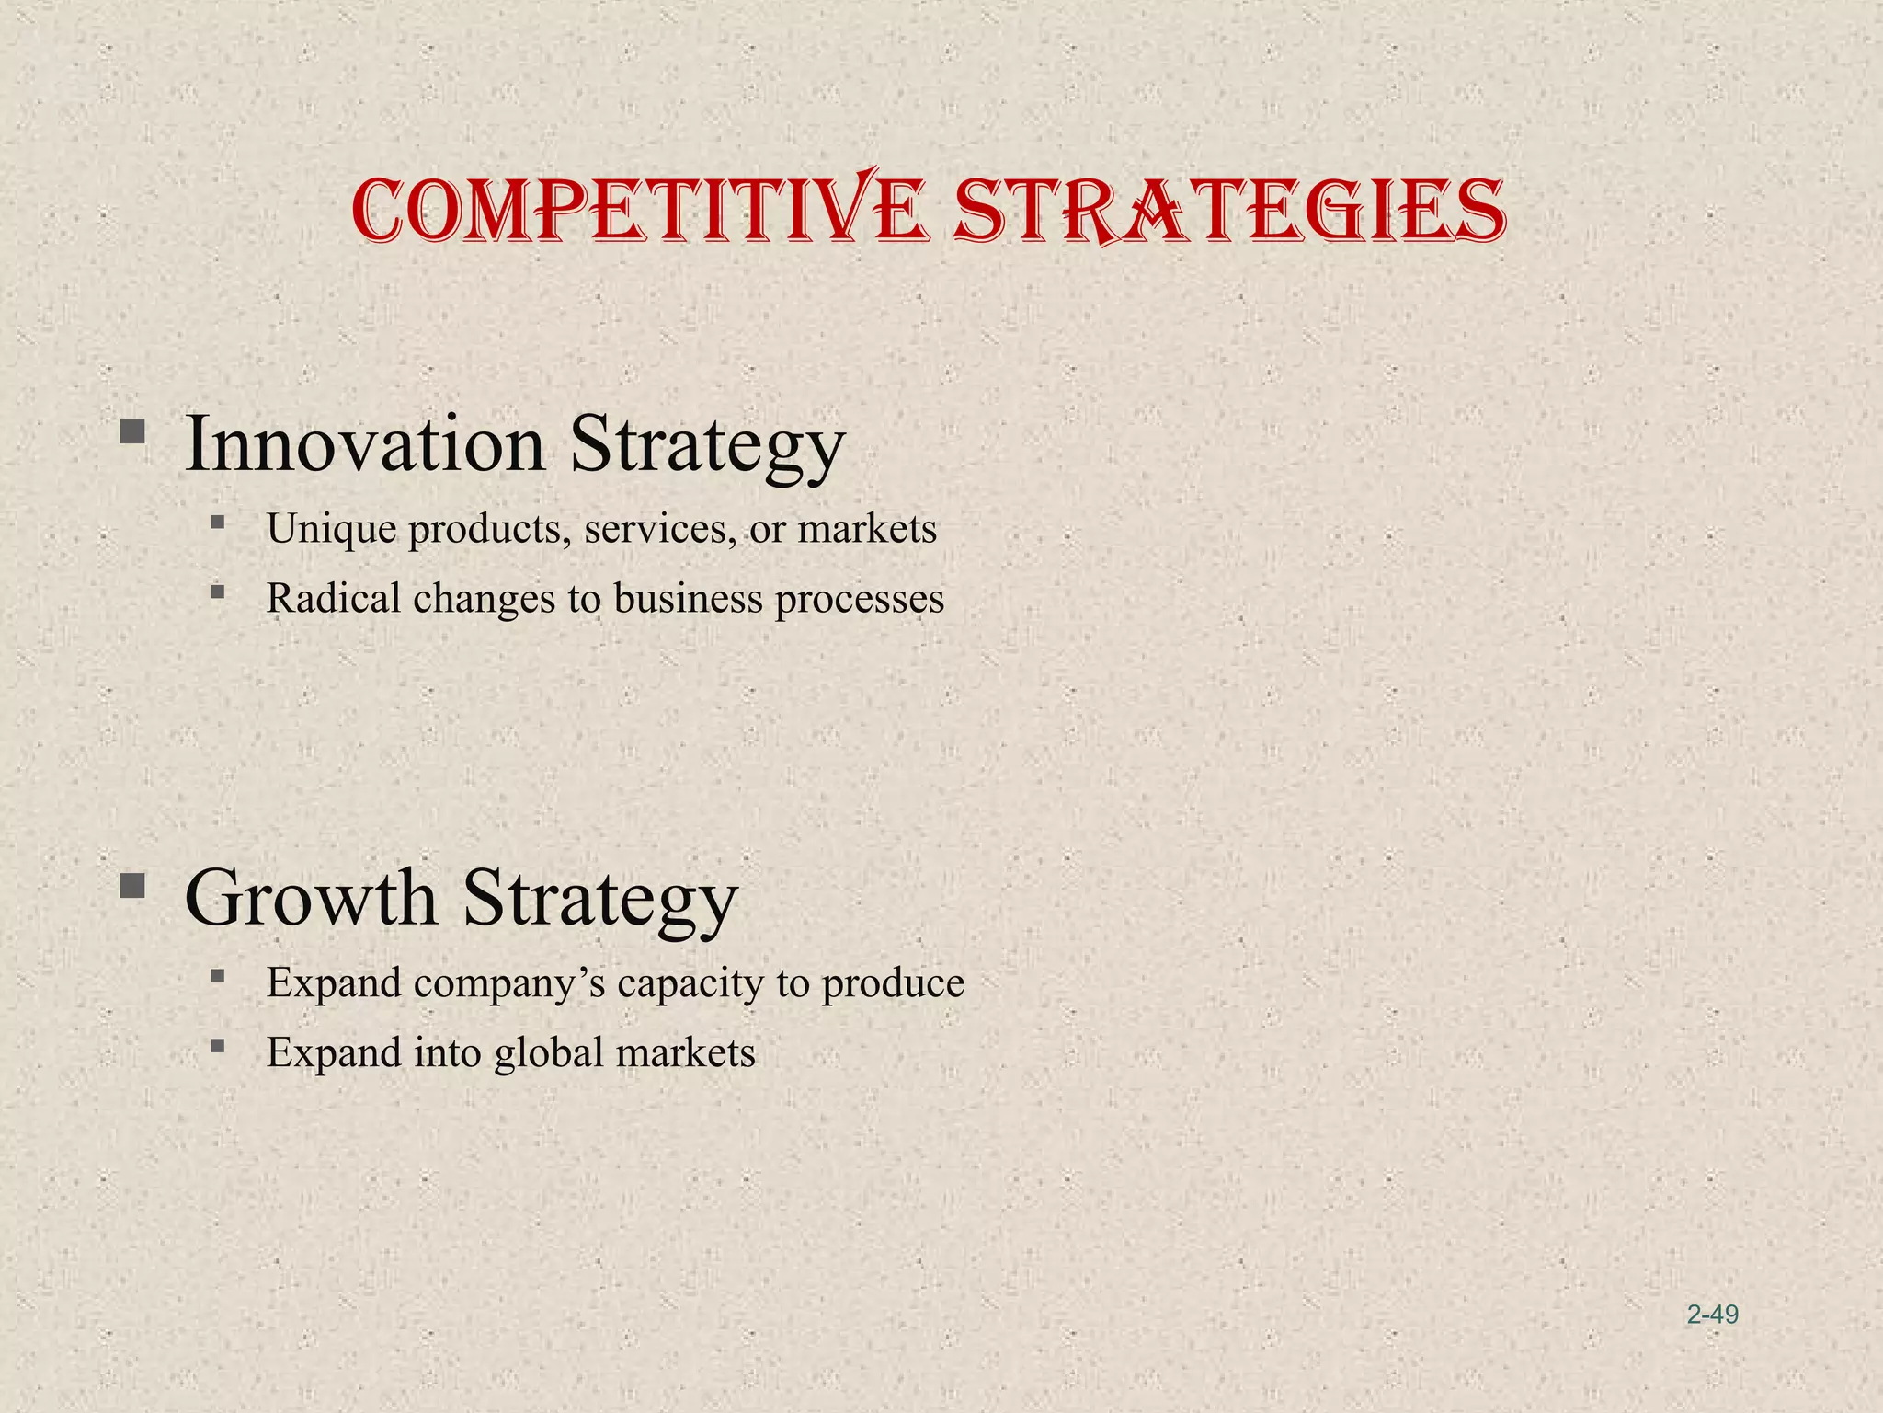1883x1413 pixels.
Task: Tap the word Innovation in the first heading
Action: [365, 444]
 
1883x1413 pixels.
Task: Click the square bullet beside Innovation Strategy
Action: [132, 431]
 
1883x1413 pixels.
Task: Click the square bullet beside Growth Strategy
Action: [132, 885]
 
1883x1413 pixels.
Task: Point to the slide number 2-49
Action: [1712, 1315]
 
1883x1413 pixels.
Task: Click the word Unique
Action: [331, 529]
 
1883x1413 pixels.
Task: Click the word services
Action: [659, 529]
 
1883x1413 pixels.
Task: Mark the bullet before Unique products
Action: [217, 523]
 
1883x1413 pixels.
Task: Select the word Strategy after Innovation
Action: [706, 446]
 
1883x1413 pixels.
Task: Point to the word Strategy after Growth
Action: [599, 899]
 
